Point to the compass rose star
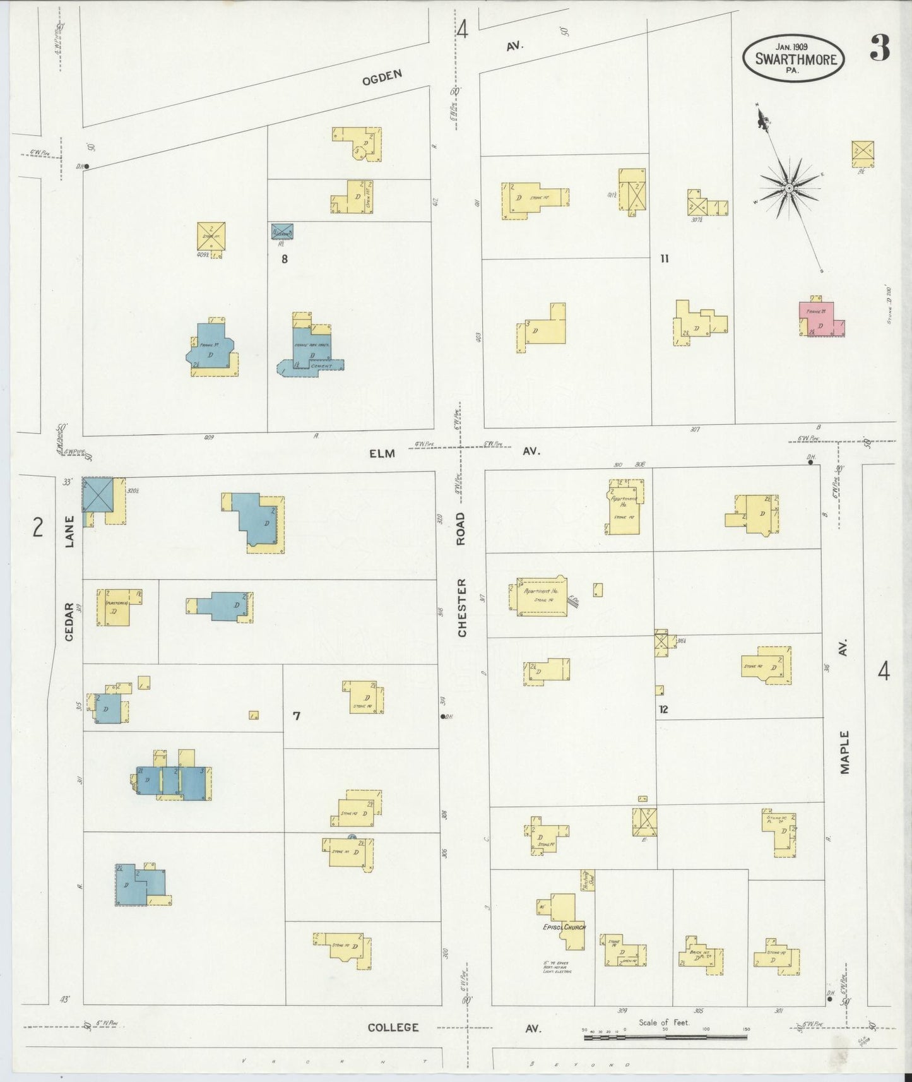[x=789, y=187]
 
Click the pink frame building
[x=821, y=319]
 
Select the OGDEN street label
[x=382, y=78]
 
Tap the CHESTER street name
[x=461, y=608]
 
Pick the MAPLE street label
[x=845, y=751]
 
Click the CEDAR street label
[x=69, y=621]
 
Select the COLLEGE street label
[x=393, y=1028]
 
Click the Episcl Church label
[x=564, y=927]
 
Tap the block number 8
[x=285, y=258]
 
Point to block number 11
[x=664, y=258]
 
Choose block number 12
[x=663, y=710]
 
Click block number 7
[x=296, y=716]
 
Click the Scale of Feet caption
[x=664, y=1023]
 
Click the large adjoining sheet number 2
[x=38, y=526]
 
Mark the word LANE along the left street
[x=69, y=532]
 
